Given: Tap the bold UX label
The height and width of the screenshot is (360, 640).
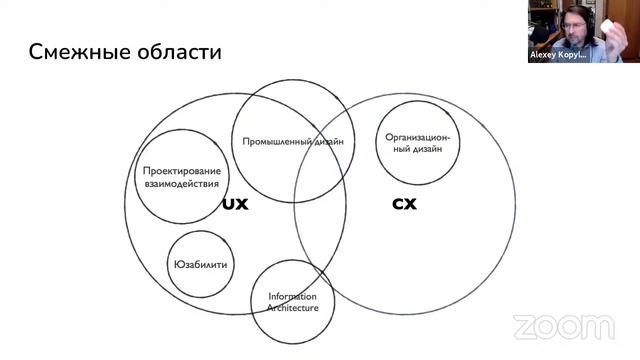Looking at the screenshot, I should click(234, 204).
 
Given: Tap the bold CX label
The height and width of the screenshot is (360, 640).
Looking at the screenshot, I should click(404, 204).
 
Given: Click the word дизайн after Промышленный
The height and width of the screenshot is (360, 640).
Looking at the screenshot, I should click(331, 142).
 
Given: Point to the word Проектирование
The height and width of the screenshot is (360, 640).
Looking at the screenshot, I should click(182, 171).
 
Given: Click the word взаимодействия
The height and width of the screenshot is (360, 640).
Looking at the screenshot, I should click(182, 184).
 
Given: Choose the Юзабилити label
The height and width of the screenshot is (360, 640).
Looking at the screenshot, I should click(201, 264).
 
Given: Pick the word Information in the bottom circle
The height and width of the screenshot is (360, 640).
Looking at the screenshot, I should click(292, 296).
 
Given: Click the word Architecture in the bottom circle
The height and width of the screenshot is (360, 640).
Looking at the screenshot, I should click(292, 308).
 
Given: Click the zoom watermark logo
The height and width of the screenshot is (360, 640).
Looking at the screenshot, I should click(564, 327).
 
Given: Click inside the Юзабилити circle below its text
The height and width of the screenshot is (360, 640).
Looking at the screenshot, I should click(201, 283).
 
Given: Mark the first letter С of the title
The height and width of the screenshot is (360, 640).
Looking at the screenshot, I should click(36, 51).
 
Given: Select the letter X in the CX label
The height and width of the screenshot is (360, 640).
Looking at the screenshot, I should click(410, 204).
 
